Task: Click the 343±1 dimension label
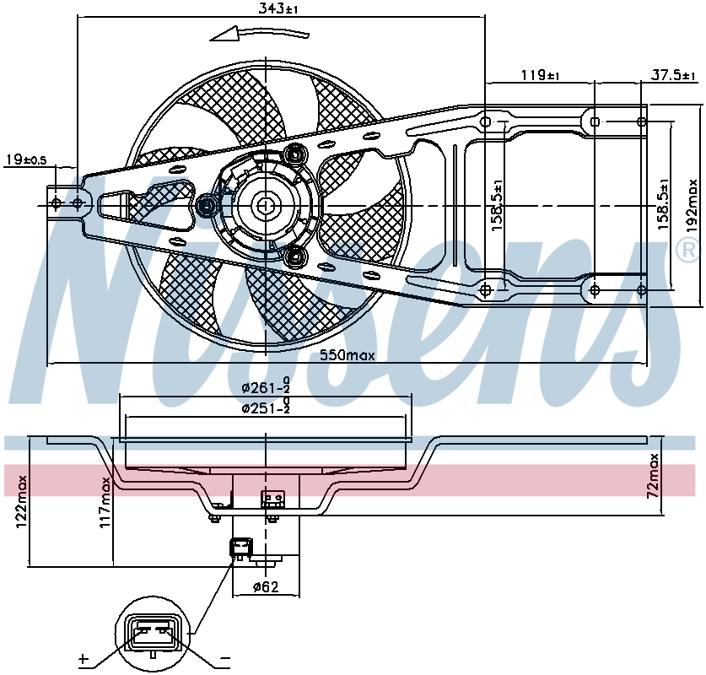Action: pos(278,8)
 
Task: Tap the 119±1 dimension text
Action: pos(541,75)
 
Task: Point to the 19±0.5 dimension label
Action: pos(26,159)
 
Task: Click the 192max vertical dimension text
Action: pos(692,206)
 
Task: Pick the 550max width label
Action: pos(348,355)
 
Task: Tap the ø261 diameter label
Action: pos(266,386)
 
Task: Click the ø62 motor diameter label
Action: pos(266,586)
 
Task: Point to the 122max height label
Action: pos(21,502)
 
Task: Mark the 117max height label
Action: pos(105,503)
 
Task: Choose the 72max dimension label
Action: pos(653,476)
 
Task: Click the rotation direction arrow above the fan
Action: pos(260,35)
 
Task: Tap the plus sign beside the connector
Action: pos(84,659)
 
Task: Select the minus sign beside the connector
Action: pos(224,660)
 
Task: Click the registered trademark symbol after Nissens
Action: pos(688,251)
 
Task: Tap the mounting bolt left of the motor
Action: pos(206,207)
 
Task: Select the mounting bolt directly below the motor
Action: pos(295,256)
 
